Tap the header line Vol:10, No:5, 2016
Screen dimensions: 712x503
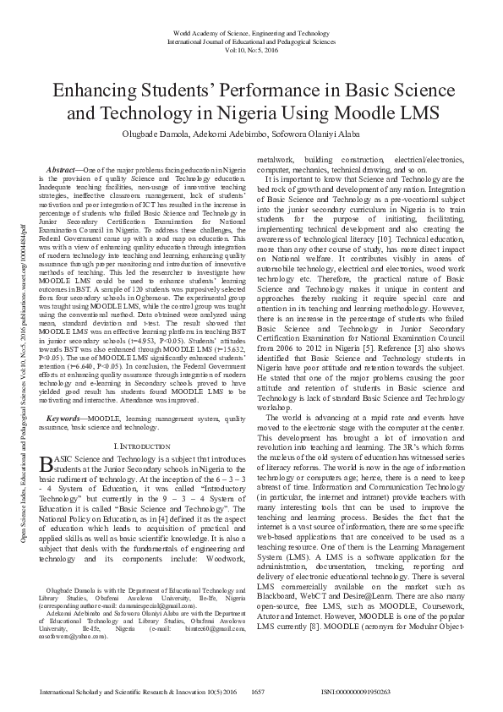(251, 50)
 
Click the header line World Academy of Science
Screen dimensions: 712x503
(251, 31)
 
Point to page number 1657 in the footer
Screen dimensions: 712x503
(259, 691)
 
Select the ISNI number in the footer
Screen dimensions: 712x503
(356, 691)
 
